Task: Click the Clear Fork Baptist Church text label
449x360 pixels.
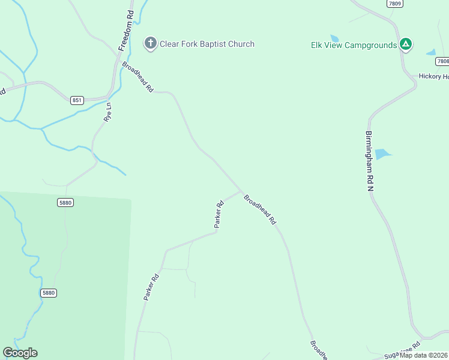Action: [206, 44]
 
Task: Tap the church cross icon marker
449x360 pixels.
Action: [150, 43]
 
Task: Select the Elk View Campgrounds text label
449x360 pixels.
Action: [354, 45]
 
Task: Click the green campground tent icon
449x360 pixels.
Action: [406, 44]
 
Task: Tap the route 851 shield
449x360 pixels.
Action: [77, 100]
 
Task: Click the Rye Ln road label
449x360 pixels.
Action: [108, 112]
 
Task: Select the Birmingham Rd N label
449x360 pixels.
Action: [370, 161]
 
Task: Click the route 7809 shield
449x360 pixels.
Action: [394, 4]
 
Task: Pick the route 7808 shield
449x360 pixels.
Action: [442, 61]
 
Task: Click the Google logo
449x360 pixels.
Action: [20, 353]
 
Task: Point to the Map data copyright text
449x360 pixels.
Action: [424, 355]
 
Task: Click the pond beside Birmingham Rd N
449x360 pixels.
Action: [382, 154]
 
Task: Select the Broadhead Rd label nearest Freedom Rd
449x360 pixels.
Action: [137, 77]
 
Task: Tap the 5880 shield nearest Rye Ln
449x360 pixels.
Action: [65, 203]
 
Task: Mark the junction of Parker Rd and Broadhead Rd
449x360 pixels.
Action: [241, 192]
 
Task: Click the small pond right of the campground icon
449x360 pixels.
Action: [431, 53]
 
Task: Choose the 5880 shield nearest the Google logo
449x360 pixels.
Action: [49, 293]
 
